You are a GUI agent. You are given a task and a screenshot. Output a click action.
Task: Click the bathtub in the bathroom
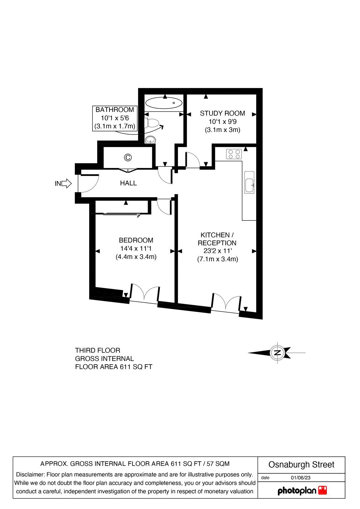164,103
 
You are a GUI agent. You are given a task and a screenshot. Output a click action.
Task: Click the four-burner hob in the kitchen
234,154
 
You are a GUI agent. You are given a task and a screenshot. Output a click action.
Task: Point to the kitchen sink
249,182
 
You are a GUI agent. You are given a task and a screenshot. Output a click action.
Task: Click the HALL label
128,183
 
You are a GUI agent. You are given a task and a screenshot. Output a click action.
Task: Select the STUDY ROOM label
222,113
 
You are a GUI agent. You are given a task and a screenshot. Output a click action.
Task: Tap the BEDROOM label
136,240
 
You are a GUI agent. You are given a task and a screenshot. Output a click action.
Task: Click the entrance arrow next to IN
66,183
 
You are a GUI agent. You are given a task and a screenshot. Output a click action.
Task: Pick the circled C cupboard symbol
128,157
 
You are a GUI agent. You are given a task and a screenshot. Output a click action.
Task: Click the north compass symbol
278,352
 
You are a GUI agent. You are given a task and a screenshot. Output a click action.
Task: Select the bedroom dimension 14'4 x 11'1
136,248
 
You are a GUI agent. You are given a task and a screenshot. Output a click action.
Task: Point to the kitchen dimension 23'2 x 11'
217,251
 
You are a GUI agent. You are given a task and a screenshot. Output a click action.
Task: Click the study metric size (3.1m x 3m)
222,130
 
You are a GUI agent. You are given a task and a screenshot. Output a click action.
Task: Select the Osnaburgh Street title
301,465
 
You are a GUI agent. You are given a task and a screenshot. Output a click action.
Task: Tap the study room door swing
192,160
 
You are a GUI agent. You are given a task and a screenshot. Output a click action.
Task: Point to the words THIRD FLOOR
98,350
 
